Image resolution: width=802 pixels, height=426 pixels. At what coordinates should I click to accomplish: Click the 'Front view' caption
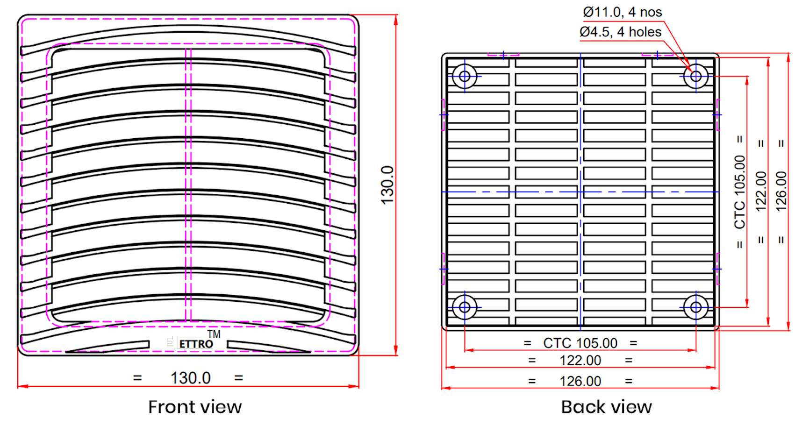point(195,407)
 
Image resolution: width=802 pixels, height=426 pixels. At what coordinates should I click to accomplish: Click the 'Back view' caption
point(606,407)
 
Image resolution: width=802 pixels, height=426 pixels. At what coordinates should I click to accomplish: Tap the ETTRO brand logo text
point(196,344)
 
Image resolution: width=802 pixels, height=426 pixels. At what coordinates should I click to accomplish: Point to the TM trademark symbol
point(214,334)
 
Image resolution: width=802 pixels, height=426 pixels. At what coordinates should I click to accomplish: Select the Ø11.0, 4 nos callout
point(622,12)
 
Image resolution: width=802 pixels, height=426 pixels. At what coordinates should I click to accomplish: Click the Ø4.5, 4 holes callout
point(620,32)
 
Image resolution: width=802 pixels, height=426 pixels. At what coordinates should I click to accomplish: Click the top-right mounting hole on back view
point(695,76)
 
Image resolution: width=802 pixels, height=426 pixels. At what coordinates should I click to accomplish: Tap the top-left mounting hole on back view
point(465,76)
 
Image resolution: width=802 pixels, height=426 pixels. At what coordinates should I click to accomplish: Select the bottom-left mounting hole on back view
point(465,307)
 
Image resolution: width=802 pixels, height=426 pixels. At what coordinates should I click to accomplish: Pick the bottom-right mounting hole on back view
point(695,307)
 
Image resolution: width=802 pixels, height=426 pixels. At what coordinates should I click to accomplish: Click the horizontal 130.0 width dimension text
point(190,377)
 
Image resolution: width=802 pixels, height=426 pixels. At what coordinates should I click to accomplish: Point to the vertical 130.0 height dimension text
point(387,185)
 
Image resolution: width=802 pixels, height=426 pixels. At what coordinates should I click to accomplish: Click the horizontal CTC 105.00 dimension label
point(580,343)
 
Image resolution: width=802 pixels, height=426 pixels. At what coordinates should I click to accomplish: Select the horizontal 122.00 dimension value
point(580,361)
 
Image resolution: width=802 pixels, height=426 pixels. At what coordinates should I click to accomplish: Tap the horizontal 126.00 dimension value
point(580,381)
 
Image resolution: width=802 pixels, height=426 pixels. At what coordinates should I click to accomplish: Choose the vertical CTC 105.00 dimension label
point(740,192)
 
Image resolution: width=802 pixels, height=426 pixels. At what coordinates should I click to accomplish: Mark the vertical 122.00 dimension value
point(761,192)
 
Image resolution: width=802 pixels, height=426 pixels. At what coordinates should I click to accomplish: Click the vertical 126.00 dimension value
point(781,192)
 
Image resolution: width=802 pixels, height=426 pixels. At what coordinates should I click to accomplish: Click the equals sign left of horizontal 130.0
point(137,377)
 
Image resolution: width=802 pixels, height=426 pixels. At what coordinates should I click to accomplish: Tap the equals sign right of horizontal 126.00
point(629,381)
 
